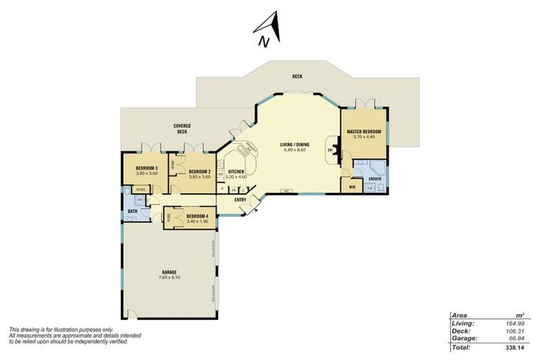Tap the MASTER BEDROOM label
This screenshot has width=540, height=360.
pos(364,131)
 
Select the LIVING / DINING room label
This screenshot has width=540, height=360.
pos(296,144)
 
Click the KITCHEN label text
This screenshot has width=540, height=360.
pos(236,172)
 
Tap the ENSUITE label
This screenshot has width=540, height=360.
pos(375,179)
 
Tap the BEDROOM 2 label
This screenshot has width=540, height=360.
pos(200,172)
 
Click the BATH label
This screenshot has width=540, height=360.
pos(132,212)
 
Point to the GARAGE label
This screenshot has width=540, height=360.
pos(168,272)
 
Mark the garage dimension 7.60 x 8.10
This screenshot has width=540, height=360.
pos(168,278)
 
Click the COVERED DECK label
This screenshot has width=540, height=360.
pos(182,129)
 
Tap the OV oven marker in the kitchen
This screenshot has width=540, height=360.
pos(220,174)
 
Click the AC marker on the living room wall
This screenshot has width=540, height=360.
pos(288,190)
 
